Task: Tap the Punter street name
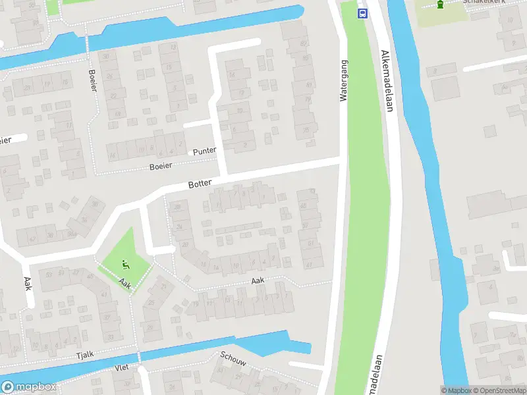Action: click(204, 151)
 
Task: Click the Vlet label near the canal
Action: click(121, 367)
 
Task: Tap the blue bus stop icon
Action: click(362, 13)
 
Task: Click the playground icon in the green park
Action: click(126, 265)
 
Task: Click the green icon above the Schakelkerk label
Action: click(440, 5)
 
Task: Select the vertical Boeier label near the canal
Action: click(91, 80)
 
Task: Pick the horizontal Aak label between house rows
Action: click(258, 281)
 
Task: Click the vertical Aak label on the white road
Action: click(28, 283)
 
